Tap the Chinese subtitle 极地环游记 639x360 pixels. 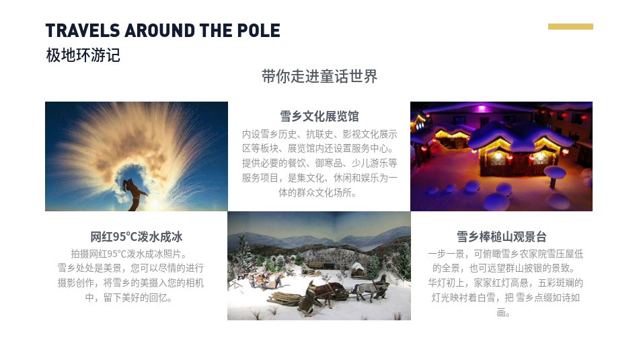coord(83,55)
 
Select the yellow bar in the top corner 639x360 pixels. coord(570,26)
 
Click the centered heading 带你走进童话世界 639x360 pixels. coord(319,76)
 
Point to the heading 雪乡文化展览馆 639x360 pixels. coord(319,116)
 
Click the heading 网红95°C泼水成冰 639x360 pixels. coord(137,236)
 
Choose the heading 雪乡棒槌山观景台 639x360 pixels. coord(501,236)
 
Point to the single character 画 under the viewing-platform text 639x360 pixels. coord(501,313)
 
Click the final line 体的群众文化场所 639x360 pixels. coord(317,192)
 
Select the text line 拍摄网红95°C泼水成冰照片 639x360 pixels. coord(128,254)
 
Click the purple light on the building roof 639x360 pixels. coord(482,108)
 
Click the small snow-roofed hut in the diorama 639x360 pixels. coord(357,269)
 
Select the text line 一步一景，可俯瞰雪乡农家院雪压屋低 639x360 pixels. coord(505,254)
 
